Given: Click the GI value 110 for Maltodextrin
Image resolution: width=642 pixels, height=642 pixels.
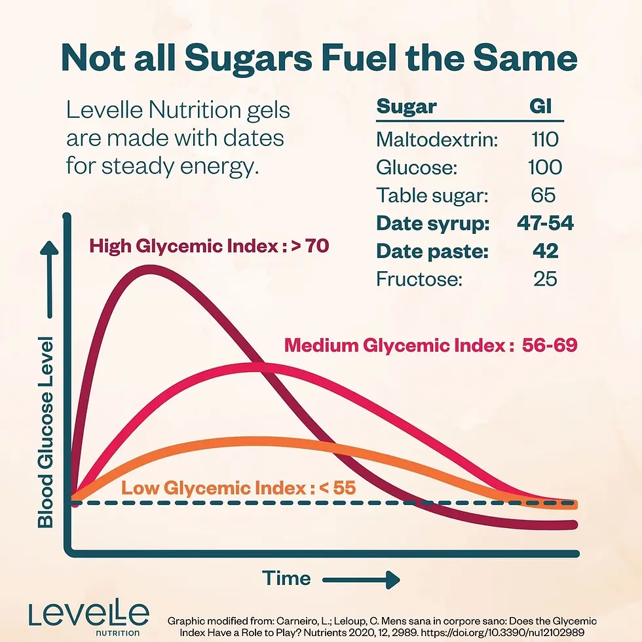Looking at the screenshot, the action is coord(545,139).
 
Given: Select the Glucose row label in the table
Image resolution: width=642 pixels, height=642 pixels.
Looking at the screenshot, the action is coord(417,168).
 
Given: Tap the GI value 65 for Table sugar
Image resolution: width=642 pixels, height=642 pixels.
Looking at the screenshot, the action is coord(543,195).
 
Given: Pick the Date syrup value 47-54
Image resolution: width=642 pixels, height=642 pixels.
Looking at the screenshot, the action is coord(545,223).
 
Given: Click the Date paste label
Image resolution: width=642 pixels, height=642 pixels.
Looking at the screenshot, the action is coord(432,251).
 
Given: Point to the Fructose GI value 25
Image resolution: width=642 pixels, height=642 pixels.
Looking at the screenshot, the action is coord(545,279).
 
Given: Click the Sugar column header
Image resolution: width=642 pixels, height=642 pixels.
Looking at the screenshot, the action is coord(407,106).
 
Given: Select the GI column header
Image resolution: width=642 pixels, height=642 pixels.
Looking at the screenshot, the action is coord(540,106).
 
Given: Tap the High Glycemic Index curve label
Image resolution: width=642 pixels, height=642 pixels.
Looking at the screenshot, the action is coord(209,246).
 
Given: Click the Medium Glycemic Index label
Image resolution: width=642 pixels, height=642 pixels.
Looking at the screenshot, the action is coord(431,345).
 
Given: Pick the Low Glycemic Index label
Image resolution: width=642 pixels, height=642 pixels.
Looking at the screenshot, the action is coord(238,487).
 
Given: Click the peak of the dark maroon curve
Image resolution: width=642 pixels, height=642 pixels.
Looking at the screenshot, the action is coord(148,270).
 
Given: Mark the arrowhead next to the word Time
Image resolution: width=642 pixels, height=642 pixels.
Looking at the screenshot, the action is coord(392,580).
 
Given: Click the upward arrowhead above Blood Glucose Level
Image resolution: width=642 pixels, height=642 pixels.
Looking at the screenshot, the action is coord(49,248).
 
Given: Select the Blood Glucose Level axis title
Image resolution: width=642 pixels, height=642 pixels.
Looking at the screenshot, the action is coord(45,432).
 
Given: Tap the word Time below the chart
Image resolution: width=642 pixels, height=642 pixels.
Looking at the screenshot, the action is coord(286,578).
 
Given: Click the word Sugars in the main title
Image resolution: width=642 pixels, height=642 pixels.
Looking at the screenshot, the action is coord(248,58).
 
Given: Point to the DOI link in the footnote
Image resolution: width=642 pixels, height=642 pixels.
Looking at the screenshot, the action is coord(502,633).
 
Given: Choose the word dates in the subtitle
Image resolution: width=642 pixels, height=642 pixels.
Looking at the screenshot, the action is coord(254,138).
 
